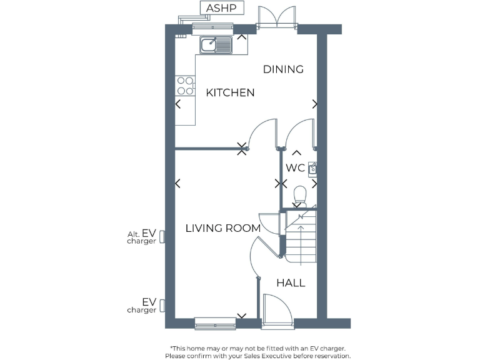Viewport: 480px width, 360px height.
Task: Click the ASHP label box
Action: pyautogui.click(x=221, y=7)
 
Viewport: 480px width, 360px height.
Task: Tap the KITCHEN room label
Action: pyautogui.click(x=230, y=92)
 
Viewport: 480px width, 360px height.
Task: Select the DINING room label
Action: pyautogui.click(x=282, y=69)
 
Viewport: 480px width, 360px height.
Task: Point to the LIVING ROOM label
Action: pyautogui.click(x=222, y=228)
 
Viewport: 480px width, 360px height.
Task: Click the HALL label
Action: pyautogui.click(x=291, y=283)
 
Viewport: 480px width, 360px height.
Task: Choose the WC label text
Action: pyautogui.click(x=295, y=168)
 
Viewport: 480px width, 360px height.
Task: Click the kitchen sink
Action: pyautogui.click(x=216, y=44)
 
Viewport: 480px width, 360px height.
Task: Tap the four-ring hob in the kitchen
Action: pyautogui.click(x=184, y=85)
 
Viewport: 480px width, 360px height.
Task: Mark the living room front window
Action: pyautogui.click(x=215, y=323)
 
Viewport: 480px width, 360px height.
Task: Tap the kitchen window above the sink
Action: pyautogui.click(x=212, y=27)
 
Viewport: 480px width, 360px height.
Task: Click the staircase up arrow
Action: pyautogui.click(x=301, y=237)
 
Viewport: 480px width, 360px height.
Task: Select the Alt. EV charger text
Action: pyautogui.click(x=141, y=236)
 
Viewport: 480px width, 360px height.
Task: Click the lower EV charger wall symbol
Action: pyautogui.click(x=162, y=305)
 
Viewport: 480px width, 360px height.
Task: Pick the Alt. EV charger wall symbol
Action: pyautogui.click(x=162, y=236)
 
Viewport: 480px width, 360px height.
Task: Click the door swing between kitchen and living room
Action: pyautogui.click(x=261, y=134)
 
